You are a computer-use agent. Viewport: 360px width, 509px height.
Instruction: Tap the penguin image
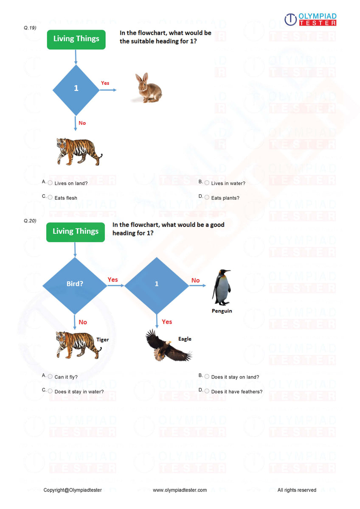pyautogui.click(x=221, y=287)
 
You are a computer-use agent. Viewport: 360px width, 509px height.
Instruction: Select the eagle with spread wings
pyautogui.click(x=168, y=345)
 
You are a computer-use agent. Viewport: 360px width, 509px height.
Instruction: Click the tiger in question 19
pyautogui.click(x=79, y=151)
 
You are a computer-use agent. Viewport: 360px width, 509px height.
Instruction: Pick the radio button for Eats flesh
pyautogui.click(x=50, y=197)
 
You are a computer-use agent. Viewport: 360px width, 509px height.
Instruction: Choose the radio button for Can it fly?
pyautogui.click(x=50, y=376)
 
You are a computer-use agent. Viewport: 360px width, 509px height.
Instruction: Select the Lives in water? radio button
pyautogui.click(x=207, y=183)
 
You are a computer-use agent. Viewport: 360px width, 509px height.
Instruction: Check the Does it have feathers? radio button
pyautogui.click(x=207, y=391)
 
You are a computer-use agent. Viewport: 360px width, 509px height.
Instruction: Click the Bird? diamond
pyautogui.click(x=75, y=284)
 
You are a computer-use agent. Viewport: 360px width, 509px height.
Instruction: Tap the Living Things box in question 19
pyautogui.click(x=76, y=39)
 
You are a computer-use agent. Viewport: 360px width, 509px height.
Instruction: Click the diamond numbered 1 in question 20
pyautogui.click(x=157, y=284)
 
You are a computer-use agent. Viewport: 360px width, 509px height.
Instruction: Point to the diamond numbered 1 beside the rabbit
pyautogui.click(x=76, y=89)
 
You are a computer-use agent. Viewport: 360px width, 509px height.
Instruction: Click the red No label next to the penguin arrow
pyautogui.click(x=195, y=280)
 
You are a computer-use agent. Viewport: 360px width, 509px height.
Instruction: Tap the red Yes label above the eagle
pyautogui.click(x=167, y=322)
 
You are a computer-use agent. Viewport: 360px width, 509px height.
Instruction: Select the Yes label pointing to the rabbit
pyautogui.click(x=105, y=83)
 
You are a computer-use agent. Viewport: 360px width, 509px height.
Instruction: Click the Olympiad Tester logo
pyautogui.click(x=310, y=20)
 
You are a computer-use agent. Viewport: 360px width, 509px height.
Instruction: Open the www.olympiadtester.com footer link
pyautogui.click(x=180, y=490)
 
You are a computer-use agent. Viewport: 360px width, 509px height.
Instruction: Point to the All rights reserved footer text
pyautogui.click(x=297, y=490)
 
